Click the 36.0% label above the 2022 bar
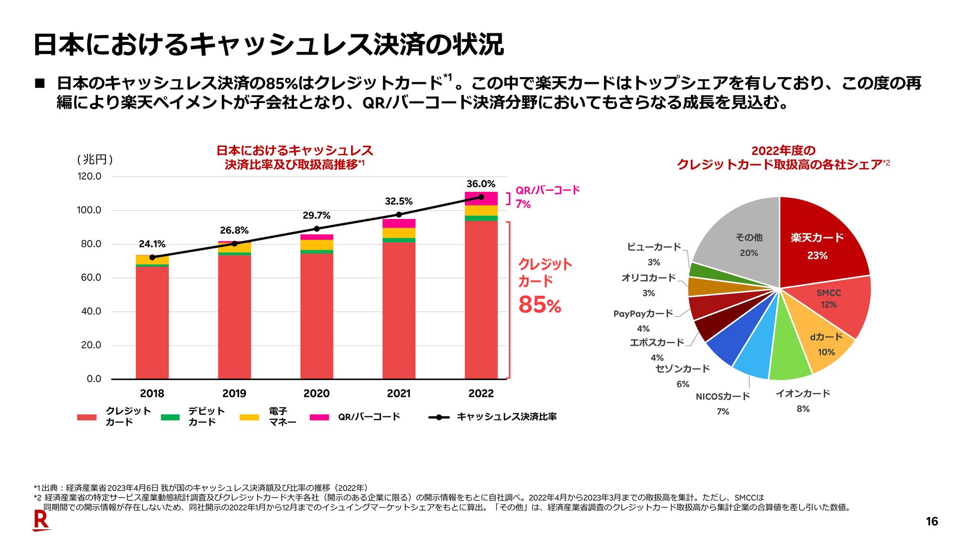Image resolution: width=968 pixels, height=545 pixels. click(480, 184)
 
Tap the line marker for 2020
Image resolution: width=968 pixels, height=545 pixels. click(317, 229)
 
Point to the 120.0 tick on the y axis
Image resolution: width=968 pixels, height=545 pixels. click(89, 176)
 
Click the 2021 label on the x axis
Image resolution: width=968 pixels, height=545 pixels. click(398, 394)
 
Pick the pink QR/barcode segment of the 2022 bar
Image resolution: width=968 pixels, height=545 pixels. click(481, 198)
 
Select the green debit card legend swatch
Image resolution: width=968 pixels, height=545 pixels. click(170, 417)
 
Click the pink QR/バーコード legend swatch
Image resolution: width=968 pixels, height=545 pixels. click(319, 417)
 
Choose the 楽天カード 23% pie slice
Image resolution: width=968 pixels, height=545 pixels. click(819, 242)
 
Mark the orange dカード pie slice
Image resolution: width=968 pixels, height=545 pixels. click(822, 343)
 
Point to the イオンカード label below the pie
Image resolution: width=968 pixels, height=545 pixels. click(803, 394)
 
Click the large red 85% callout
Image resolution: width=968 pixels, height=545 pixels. click(539, 305)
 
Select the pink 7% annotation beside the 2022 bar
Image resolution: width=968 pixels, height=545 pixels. click(523, 204)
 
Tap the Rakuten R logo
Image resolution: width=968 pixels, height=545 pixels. click(41, 520)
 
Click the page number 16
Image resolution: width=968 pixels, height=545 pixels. click(932, 522)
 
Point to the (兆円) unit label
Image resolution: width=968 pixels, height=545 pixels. click(95, 159)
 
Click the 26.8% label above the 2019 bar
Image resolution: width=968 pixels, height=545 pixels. click(234, 231)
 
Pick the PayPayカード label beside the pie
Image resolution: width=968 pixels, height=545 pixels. click(643, 314)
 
